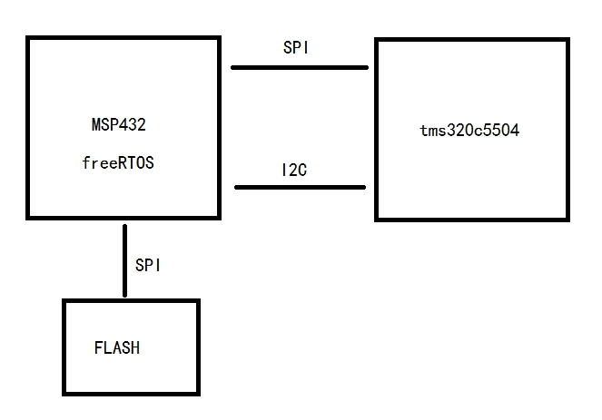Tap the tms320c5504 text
[469, 130]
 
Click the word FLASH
[117, 347]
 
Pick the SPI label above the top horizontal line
[296, 49]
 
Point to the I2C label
[294, 171]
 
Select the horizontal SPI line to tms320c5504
[300, 67]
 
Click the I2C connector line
[300, 188]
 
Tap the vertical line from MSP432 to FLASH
[124, 259]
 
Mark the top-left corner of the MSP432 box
[28, 38]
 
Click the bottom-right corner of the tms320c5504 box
[568, 219]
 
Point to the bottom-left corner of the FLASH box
[64, 394]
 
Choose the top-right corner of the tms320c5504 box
[568, 40]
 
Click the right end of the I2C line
[365, 188]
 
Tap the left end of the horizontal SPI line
[232, 67]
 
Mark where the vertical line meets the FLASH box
[124, 298]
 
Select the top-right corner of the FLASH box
[198, 300]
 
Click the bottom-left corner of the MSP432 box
[28, 217]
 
